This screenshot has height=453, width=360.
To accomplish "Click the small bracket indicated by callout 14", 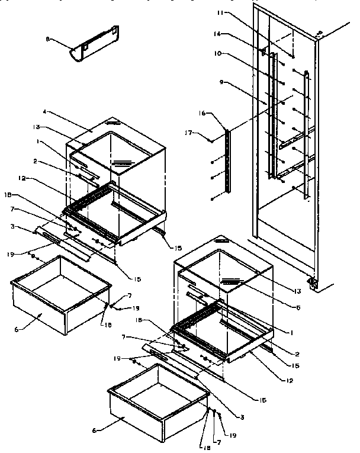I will click(x=262, y=53).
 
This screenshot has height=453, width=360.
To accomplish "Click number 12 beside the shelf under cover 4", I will click(x=54, y=179).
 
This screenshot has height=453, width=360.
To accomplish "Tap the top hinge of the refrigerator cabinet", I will click(x=320, y=34).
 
